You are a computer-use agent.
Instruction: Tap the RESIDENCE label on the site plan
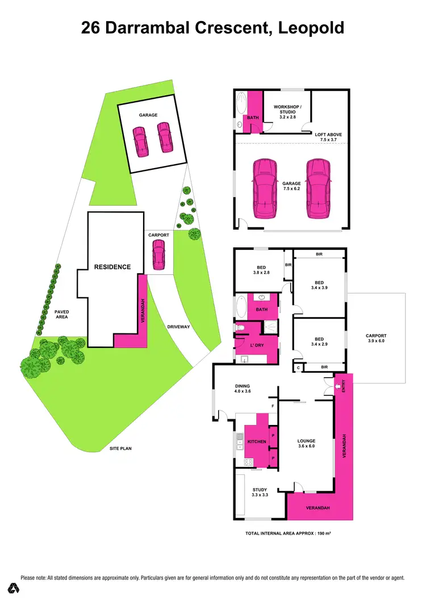(x=112, y=267)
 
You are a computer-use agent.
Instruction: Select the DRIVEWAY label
(x=178, y=327)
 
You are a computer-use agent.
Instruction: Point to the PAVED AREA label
(x=62, y=315)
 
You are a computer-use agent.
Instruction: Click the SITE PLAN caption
(x=120, y=449)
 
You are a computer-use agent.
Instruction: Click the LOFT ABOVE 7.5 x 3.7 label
(x=328, y=137)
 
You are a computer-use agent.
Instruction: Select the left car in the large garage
(x=265, y=189)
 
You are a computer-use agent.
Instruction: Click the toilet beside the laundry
(x=241, y=328)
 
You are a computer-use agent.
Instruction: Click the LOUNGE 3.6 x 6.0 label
(x=306, y=444)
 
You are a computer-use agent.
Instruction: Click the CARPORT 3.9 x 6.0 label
(x=375, y=338)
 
